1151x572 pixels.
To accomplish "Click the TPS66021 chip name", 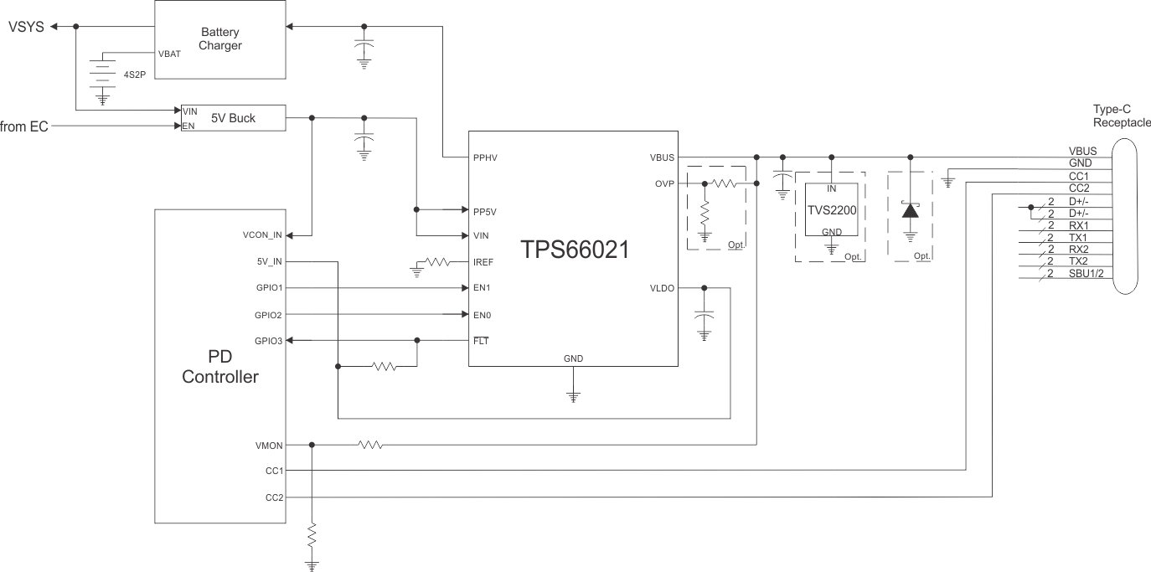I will (x=574, y=250).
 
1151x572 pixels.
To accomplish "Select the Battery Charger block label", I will (x=220, y=39).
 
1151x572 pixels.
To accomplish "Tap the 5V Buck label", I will (x=233, y=118).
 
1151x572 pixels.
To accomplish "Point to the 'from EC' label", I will (x=24, y=126).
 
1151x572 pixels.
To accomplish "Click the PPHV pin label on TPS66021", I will (x=487, y=157).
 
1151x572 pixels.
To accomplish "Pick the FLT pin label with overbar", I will (x=481, y=341).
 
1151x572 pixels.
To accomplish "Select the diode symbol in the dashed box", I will (x=911, y=209).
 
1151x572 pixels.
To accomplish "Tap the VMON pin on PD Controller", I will (x=269, y=445).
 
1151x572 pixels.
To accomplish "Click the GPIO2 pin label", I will (x=269, y=315).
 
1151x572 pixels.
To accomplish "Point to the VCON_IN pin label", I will (x=263, y=235).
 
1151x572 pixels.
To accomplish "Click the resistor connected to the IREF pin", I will (x=437, y=262).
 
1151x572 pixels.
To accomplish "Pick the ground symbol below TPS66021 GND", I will (x=573, y=397).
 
